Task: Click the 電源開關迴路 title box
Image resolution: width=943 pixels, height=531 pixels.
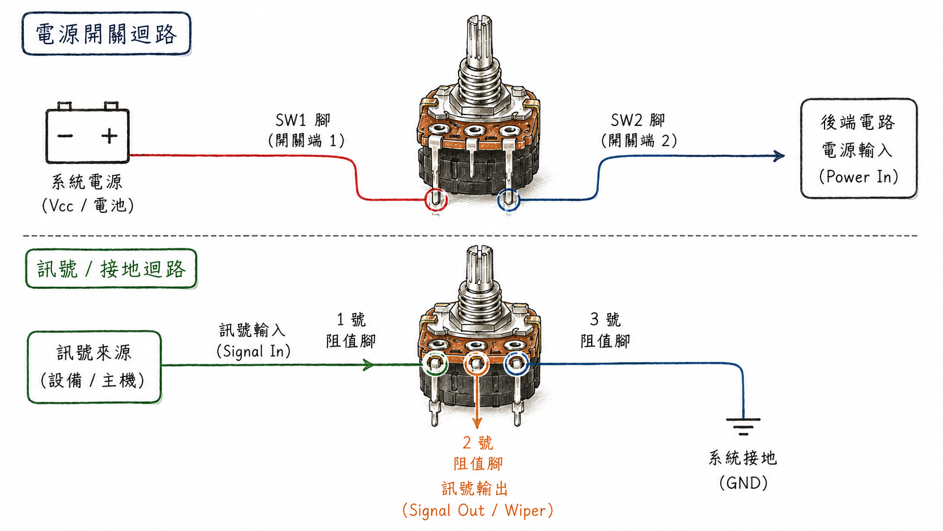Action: pyautogui.click(x=107, y=33)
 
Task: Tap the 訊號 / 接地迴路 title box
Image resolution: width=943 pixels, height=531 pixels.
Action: pyautogui.click(x=111, y=269)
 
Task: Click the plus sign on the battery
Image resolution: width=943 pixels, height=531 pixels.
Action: pyautogui.click(x=109, y=135)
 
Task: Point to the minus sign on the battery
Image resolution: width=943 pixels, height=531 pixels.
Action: pyautogui.click(x=65, y=135)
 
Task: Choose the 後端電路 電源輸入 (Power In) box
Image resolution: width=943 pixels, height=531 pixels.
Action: pyautogui.click(x=859, y=148)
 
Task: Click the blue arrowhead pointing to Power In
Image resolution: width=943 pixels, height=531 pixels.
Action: pyautogui.click(x=779, y=156)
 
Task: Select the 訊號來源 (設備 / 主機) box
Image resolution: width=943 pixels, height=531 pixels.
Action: pyautogui.click(x=94, y=367)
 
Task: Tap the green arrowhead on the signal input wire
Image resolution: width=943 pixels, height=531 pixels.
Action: pyautogui.click(x=368, y=365)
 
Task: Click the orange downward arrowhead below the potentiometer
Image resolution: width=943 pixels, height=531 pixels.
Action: pyautogui.click(x=477, y=423)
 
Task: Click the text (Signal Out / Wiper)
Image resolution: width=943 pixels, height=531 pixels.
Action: pyautogui.click(x=477, y=510)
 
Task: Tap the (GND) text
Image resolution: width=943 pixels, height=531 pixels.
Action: pyautogui.click(x=743, y=482)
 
